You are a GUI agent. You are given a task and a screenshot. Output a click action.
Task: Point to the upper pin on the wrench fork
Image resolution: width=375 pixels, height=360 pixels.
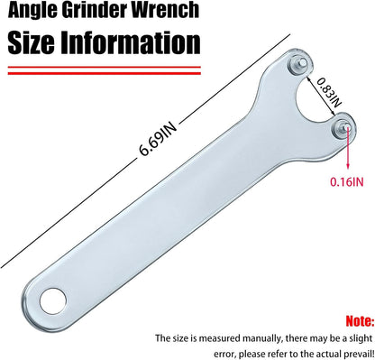(x=297, y=64)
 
